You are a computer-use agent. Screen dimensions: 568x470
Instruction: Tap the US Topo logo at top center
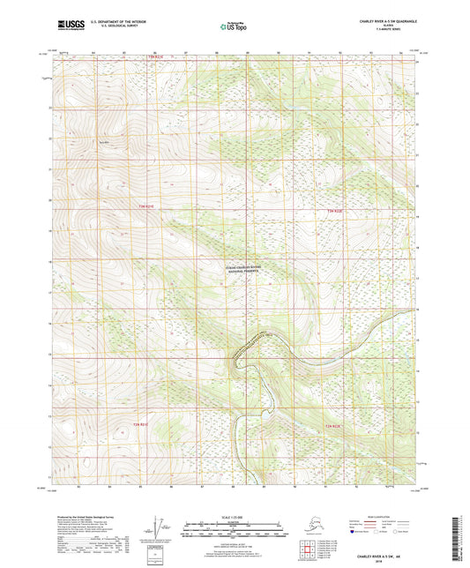click(233, 26)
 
